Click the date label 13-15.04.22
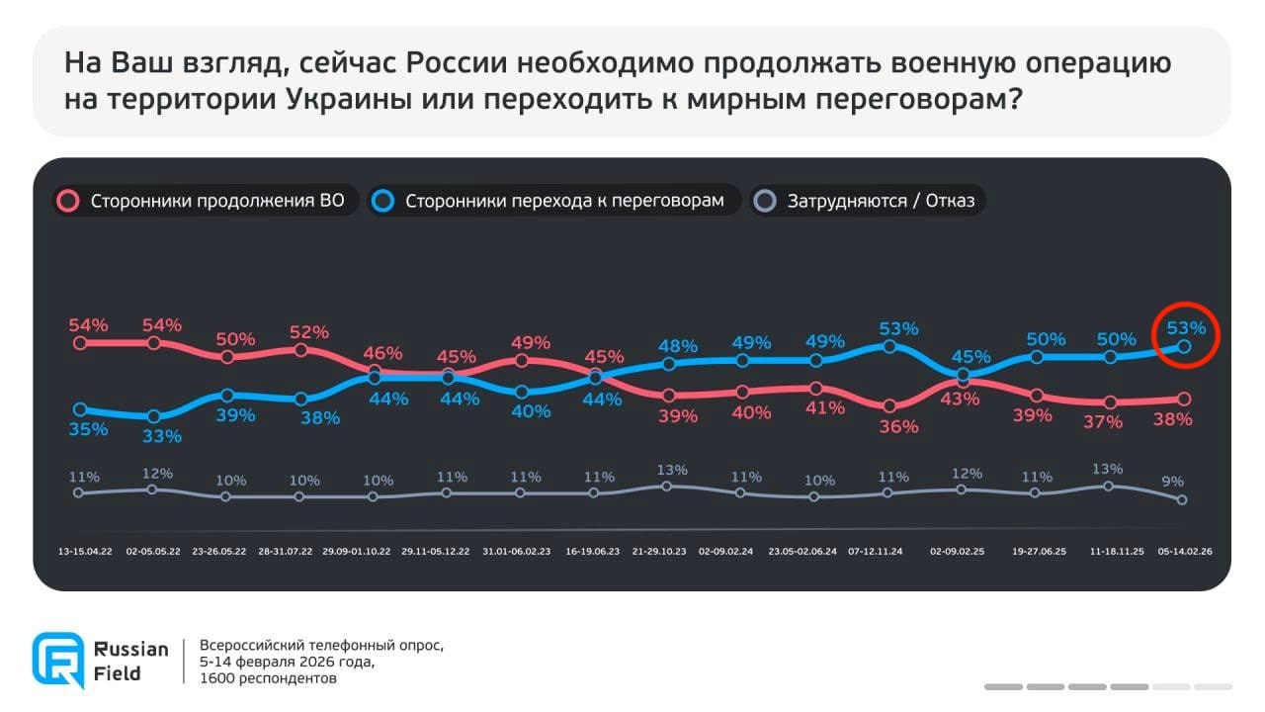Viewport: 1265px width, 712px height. [x=85, y=552]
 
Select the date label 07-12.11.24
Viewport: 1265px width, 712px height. [x=875, y=552]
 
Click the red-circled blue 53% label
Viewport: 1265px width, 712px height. [x=1186, y=327]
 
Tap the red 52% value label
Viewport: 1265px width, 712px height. [x=309, y=332]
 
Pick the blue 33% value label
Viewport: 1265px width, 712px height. [x=162, y=435]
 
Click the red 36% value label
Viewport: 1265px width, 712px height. [x=898, y=426]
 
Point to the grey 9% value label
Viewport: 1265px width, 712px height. [x=1172, y=481]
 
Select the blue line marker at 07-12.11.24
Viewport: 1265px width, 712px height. [x=889, y=346]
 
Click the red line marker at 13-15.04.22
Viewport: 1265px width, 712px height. [x=79, y=343]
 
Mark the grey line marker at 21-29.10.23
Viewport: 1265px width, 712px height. [x=666, y=486]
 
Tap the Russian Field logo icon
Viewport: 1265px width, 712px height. [x=57, y=660]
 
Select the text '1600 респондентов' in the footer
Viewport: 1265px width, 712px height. [x=268, y=678]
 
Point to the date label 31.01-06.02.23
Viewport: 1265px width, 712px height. [x=517, y=552]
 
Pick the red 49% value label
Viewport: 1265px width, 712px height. [x=531, y=342]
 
